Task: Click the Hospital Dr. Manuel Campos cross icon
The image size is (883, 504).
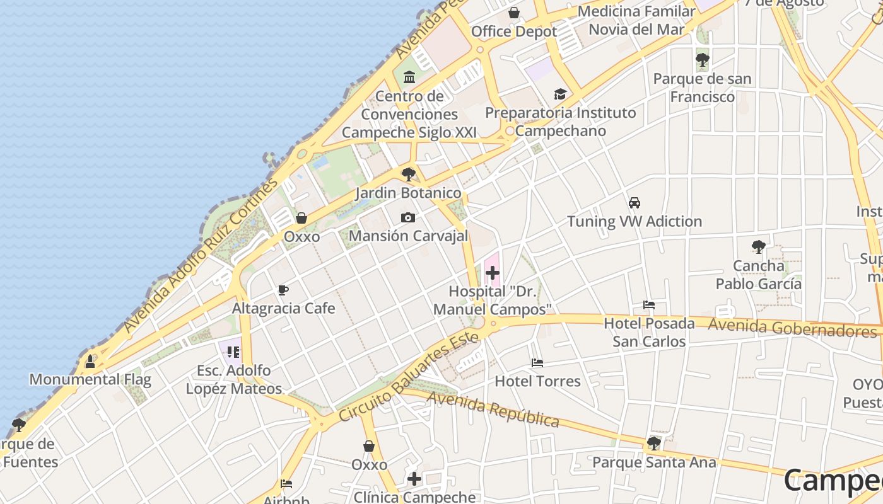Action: tap(493, 273)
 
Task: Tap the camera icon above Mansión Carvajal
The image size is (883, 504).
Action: tap(408, 217)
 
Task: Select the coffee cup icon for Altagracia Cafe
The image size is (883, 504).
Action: tap(283, 290)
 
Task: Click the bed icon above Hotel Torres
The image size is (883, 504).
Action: tap(537, 363)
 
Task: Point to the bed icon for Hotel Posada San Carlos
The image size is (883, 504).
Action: tap(649, 305)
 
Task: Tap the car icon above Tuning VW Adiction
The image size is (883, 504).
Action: tap(634, 203)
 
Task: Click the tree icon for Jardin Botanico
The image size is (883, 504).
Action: tap(409, 174)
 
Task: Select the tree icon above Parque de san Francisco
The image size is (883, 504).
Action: tap(702, 60)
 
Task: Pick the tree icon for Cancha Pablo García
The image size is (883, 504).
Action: tap(759, 247)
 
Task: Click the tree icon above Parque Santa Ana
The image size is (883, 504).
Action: tap(654, 444)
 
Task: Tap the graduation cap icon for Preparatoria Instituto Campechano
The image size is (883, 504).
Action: tap(560, 94)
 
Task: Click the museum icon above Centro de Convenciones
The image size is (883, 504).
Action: tap(409, 77)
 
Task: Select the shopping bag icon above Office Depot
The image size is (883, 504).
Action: tap(514, 13)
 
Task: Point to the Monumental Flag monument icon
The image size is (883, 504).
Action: tap(90, 361)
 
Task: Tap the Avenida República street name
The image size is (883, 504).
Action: tap(493, 409)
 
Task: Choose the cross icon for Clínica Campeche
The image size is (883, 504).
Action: tap(414, 479)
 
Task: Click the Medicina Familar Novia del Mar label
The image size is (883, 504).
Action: tap(636, 20)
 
